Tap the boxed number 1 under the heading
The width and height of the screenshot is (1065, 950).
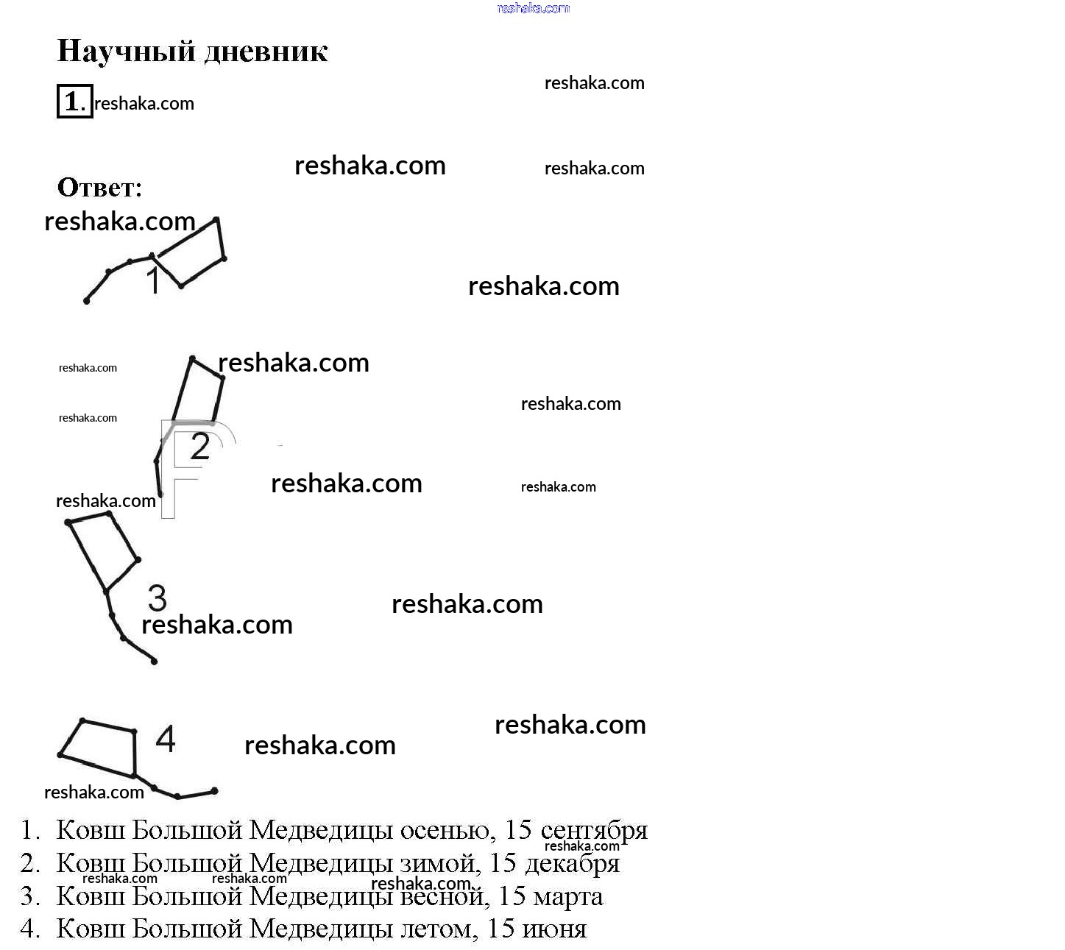click(74, 102)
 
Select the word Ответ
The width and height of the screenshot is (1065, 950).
click(99, 188)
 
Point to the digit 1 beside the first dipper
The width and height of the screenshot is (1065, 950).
click(153, 281)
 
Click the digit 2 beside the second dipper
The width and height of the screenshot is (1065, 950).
click(199, 447)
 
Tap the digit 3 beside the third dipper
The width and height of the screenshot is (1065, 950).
click(158, 598)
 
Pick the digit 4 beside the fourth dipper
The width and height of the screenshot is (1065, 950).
click(166, 739)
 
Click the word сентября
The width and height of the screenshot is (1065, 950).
click(593, 831)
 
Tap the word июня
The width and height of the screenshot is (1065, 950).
click(554, 929)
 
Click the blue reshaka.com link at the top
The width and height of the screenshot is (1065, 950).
click(533, 8)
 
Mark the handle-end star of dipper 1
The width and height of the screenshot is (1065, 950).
click(86, 301)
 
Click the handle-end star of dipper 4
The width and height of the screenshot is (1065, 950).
click(214, 791)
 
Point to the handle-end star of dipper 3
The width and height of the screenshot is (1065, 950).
click(154, 662)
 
